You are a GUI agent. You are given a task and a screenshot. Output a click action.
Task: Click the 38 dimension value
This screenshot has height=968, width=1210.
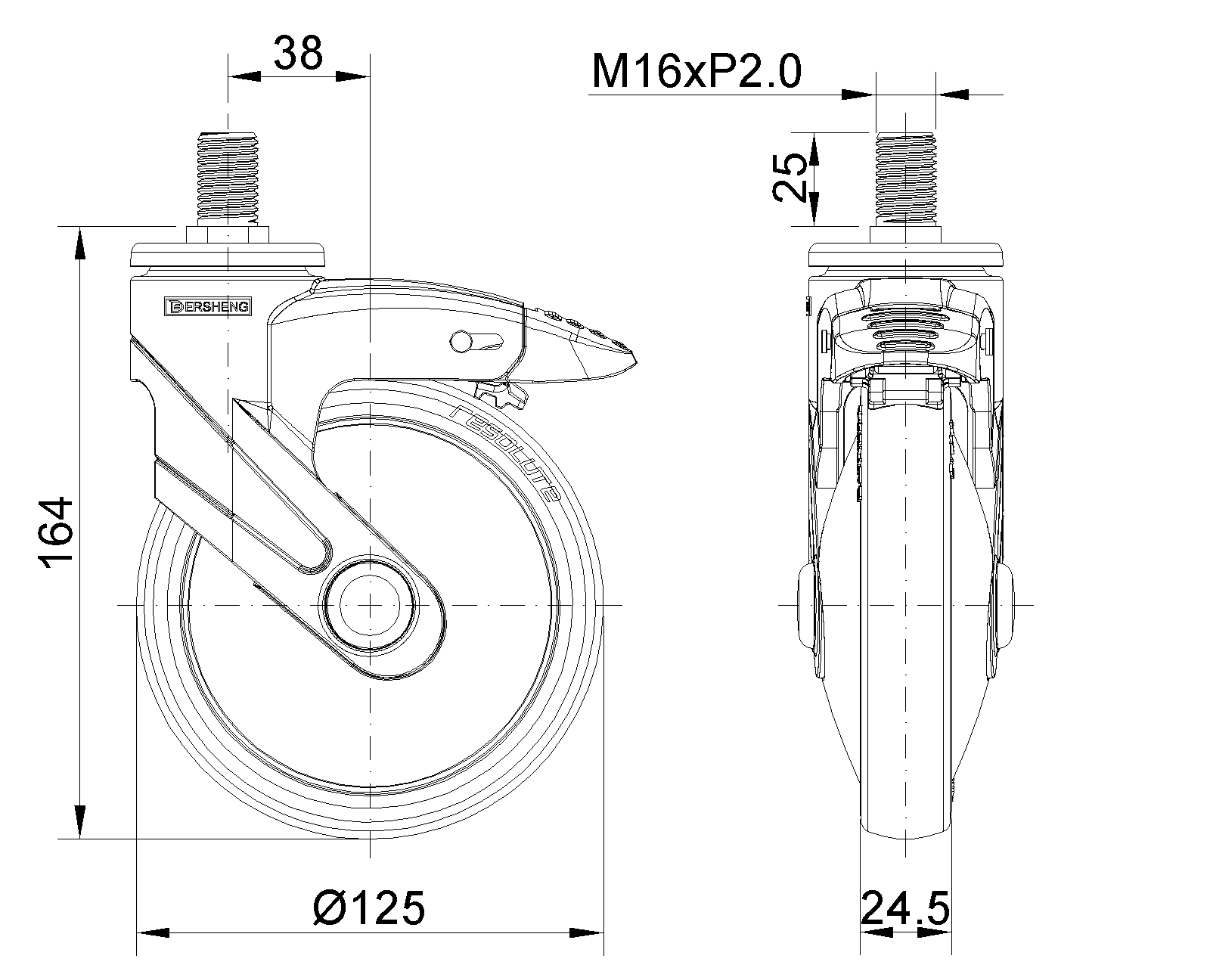click(298, 54)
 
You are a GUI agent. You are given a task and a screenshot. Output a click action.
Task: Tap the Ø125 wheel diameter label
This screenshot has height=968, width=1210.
click(369, 907)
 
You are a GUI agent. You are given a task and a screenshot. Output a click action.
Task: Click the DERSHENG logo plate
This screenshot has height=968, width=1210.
click(208, 306)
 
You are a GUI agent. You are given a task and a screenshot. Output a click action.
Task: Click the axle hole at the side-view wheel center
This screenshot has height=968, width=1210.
click(369, 605)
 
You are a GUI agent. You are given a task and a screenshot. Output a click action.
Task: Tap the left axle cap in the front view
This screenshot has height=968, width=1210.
click(808, 605)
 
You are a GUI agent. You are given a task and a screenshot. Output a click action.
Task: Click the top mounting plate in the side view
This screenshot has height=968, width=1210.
click(227, 256)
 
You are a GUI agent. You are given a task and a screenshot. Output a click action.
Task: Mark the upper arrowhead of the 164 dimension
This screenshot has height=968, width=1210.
click(79, 246)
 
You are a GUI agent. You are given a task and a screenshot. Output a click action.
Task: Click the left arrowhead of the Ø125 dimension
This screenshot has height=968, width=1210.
click(150, 932)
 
